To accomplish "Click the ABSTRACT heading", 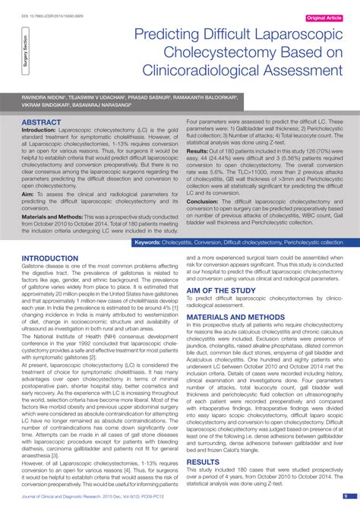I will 42,122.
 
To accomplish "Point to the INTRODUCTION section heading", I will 51,258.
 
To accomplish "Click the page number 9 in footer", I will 345,497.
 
